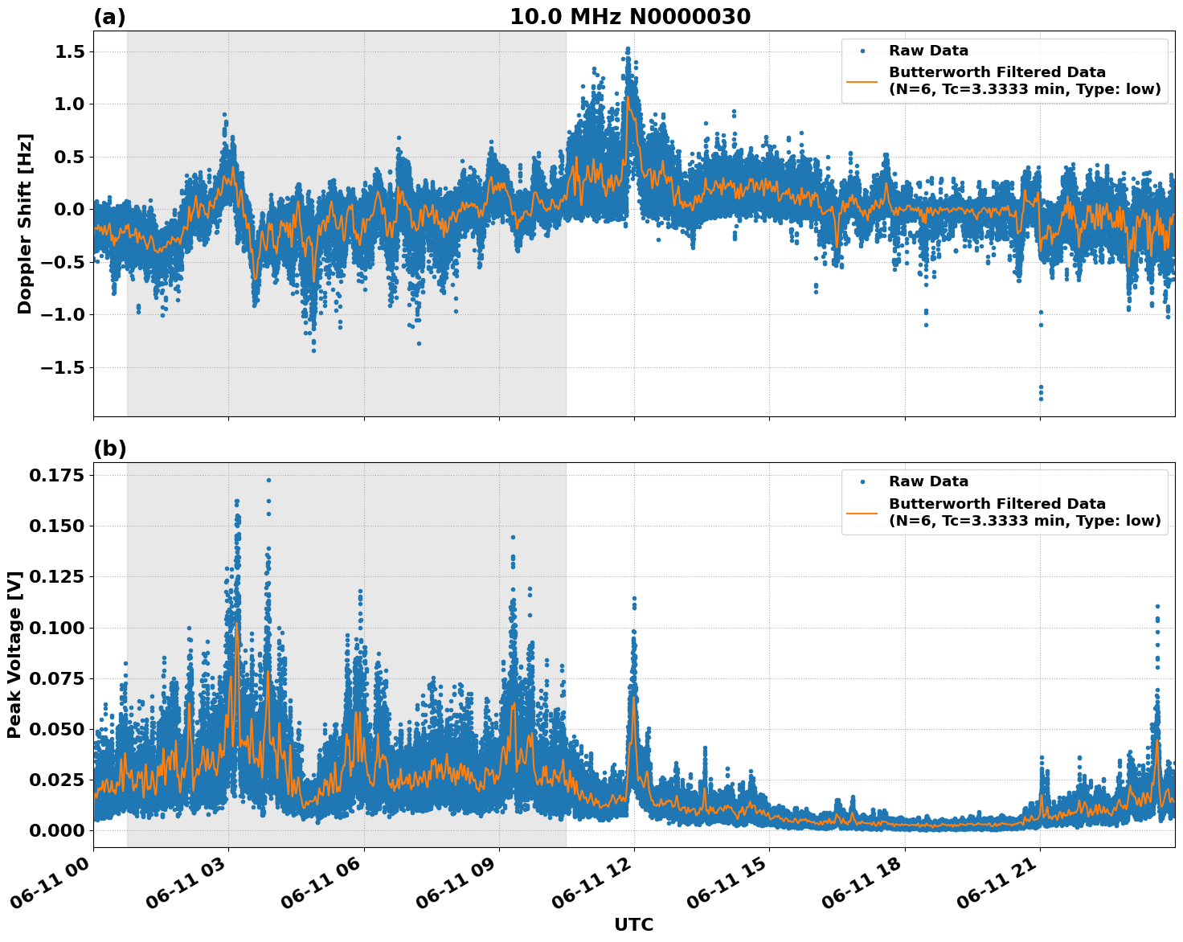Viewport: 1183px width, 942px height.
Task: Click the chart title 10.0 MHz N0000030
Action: (629, 17)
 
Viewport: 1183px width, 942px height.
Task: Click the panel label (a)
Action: (109, 17)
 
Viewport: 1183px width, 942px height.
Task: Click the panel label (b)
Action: (109, 448)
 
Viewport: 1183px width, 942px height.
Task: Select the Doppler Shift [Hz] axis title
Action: (25, 223)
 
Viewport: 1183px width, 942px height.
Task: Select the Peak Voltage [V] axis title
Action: (14, 654)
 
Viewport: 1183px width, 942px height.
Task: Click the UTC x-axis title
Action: (633, 924)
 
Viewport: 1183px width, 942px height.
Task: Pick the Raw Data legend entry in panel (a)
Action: (928, 51)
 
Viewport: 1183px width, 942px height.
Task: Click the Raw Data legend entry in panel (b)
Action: (928, 481)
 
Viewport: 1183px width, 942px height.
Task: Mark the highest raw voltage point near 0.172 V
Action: (268, 480)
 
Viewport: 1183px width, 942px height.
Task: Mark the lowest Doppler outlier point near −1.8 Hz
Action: (1041, 399)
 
